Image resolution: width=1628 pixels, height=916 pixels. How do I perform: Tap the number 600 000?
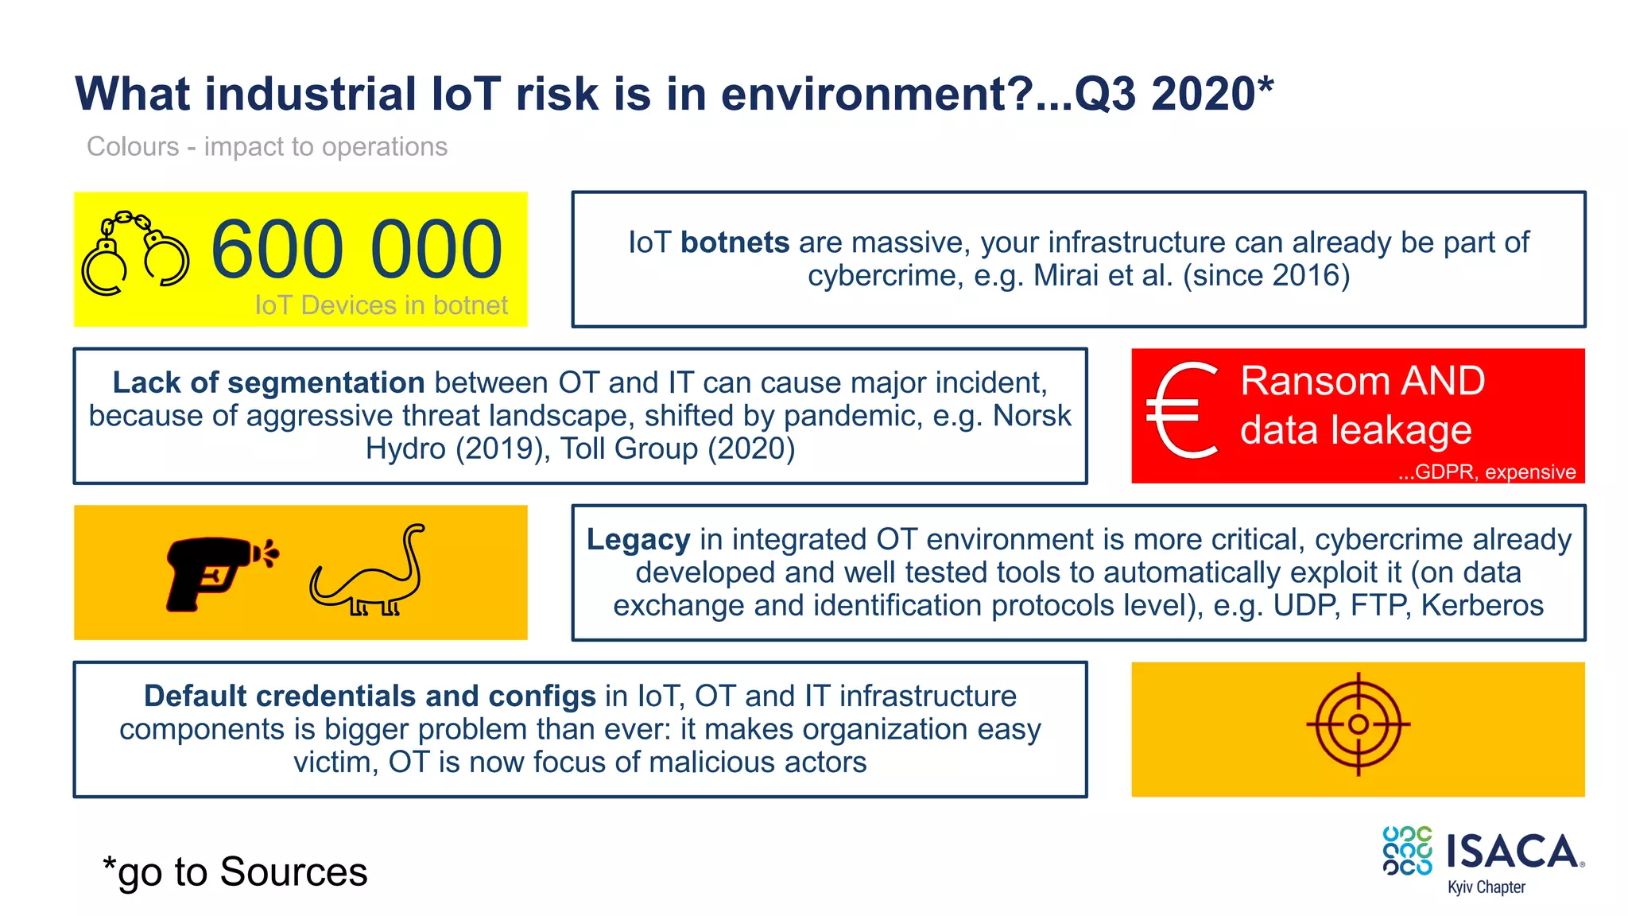[357, 250]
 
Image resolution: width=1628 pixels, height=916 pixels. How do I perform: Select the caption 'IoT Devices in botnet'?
[381, 305]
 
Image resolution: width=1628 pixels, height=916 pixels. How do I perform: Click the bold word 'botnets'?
[735, 243]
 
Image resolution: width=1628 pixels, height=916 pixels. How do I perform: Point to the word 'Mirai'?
[1066, 276]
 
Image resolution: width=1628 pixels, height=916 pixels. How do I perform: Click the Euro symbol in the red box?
[1182, 410]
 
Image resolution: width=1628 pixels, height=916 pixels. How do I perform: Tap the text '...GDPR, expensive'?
[1487, 472]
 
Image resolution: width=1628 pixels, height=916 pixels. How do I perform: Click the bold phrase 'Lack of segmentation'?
[269, 382]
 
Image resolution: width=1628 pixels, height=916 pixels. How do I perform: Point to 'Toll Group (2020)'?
[677, 448]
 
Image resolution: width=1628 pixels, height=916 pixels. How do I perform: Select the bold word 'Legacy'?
[638, 539]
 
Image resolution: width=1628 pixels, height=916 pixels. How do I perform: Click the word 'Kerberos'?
[1482, 606]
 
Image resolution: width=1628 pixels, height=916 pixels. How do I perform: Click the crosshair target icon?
[1358, 724]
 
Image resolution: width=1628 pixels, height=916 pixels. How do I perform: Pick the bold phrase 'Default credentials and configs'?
[370, 696]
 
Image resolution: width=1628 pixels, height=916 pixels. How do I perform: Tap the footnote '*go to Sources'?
[235, 872]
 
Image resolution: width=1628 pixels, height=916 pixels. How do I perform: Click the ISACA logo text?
[1512, 852]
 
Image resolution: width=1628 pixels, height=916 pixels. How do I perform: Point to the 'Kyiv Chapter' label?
[1486, 887]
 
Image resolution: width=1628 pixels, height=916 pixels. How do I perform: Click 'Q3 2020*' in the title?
[1173, 94]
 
